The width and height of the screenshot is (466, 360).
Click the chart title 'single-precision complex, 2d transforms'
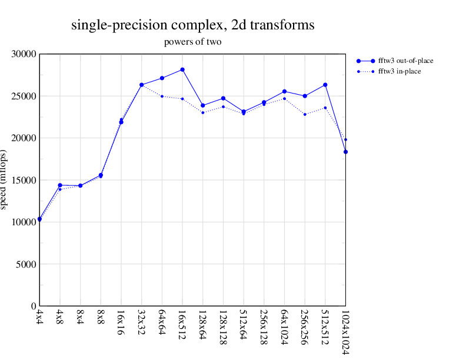(x=192, y=25)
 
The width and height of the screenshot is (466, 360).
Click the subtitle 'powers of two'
(x=192, y=42)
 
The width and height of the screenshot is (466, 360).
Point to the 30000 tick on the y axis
(x=24, y=54)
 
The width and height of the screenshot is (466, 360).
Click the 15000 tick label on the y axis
(x=24, y=180)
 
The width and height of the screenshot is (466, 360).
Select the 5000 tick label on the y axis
(x=26, y=264)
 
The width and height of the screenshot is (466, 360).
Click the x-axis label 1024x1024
(x=346, y=332)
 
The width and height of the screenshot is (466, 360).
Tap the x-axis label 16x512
(x=182, y=325)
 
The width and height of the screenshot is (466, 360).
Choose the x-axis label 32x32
(x=142, y=323)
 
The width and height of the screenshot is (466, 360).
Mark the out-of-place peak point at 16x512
(x=182, y=69)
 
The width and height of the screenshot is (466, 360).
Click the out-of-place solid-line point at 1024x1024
(x=346, y=152)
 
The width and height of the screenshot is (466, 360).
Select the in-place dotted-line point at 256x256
(x=305, y=114)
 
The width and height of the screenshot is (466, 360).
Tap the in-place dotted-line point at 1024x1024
(x=346, y=139)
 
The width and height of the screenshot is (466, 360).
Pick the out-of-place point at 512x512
(x=325, y=85)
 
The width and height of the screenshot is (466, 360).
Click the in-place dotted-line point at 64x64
(x=162, y=96)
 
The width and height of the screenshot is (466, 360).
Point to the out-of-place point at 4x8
(x=60, y=185)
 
